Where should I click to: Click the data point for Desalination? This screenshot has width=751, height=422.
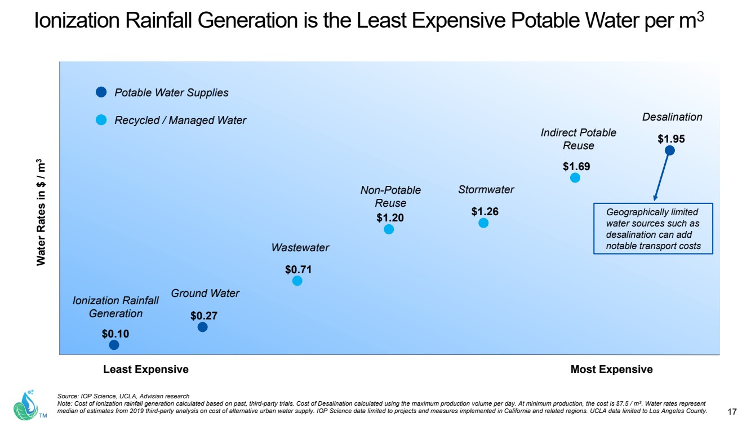[669, 150]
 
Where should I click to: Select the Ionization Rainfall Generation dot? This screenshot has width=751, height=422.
[114, 345]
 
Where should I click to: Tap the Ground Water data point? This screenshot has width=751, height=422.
[203, 327]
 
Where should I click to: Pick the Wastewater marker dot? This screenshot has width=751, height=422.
[297, 281]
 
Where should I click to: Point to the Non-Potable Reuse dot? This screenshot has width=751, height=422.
[389, 229]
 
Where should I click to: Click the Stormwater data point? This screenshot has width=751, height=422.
[483, 223]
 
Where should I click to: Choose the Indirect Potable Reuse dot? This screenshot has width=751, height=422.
[575, 177]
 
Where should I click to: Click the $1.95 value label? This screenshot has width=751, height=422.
[671, 138]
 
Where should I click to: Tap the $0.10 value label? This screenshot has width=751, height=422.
[115, 334]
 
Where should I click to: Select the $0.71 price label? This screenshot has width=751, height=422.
[298, 270]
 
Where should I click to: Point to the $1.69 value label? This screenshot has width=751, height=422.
[576, 166]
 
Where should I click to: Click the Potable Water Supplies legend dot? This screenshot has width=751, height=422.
[101, 92]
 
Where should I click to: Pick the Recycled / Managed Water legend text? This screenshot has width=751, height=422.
[180, 120]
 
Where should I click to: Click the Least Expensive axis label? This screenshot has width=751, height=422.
[145, 370]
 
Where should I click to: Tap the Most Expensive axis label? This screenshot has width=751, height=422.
[611, 370]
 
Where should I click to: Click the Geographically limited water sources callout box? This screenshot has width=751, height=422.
[653, 229]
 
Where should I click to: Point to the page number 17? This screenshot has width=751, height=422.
[732, 411]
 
